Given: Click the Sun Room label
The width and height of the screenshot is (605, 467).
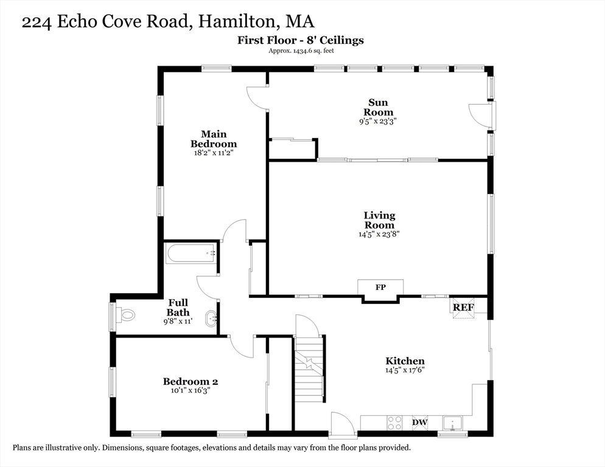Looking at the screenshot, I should tap(378, 107).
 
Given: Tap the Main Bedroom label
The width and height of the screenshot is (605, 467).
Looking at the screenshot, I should tap(213, 139).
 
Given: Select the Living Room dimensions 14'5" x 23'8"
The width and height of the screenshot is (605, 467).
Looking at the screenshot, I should tap(379, 233).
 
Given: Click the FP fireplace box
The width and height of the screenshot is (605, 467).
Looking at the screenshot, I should tap(380, 287).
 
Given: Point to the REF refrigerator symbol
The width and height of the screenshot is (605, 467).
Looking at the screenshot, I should tap(463, 308).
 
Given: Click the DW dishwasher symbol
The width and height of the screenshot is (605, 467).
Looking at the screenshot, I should tap(419, 422).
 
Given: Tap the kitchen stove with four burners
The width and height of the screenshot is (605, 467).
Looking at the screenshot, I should tap(394, 422).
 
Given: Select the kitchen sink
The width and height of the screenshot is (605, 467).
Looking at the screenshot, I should tap(453, 422).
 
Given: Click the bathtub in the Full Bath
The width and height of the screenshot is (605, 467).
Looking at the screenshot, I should tap(191, 253).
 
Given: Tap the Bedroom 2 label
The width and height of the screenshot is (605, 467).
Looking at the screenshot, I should tap(190, 382).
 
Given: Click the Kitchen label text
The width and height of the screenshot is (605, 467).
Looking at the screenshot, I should tap(404, 361).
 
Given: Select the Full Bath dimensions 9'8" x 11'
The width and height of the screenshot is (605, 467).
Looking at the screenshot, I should tap(178, 321).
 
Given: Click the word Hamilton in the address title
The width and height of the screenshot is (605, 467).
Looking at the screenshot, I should tap(239, 22).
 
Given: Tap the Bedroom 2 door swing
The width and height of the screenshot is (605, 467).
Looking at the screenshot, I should tap(242, 347).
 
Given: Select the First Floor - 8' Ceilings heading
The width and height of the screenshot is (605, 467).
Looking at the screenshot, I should tap(301, 40).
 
